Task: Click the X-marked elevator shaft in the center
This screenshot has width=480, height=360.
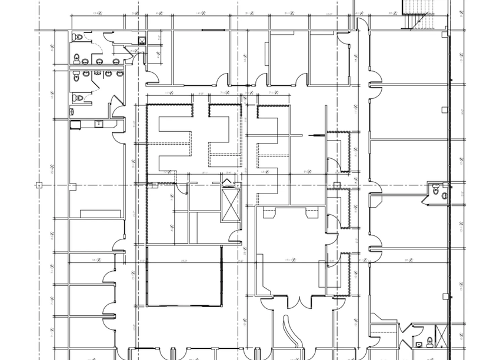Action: click(x=231, y=203)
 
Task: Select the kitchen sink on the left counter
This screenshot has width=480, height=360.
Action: click(x=99, y=124)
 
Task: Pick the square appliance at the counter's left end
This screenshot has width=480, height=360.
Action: click(x=74, y=124)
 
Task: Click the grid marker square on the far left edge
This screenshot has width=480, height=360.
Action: click(x=39, y=185)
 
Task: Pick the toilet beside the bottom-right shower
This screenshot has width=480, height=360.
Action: click(x=418, y=344)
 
